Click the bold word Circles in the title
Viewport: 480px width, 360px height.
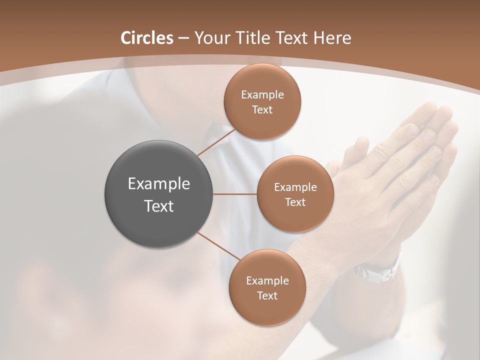(147, 38)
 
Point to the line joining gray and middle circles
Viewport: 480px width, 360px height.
(235, 193)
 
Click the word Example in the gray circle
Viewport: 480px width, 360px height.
(159, 184)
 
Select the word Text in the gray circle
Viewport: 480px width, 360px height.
(159, 206)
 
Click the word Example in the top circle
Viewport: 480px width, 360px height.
(262, 95)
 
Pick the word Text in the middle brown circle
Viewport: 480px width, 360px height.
(295, 202)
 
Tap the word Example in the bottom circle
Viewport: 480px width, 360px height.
(267, 281)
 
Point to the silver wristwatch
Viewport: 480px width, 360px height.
(377, 270)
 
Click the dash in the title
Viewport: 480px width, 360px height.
(183, 38)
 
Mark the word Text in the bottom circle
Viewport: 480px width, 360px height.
(267, 296)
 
